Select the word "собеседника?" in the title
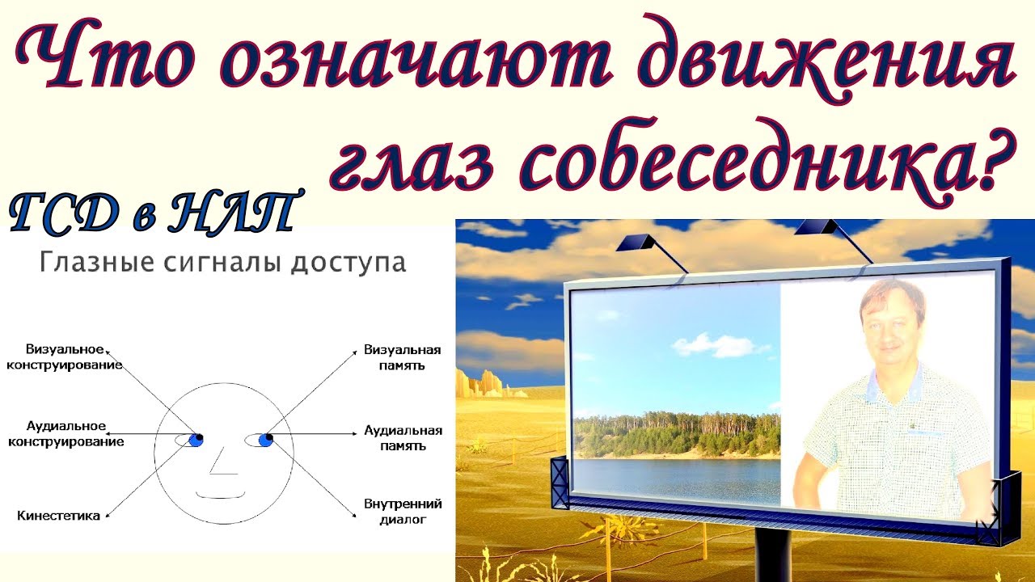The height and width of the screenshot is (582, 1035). tap(757, 159)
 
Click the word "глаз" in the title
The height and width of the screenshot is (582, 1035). tap(421, 159)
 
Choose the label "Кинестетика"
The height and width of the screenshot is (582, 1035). tap(58, 515)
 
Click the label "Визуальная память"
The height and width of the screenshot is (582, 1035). tap(402, 357)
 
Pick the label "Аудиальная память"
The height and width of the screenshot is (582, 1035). tap(402, 438)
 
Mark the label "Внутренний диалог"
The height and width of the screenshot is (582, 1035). tap(402, 512)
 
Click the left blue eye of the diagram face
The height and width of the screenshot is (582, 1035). tap(195, 440)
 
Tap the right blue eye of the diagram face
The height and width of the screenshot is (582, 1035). tap(264, 440)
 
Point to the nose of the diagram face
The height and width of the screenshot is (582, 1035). tap(222, 465)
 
